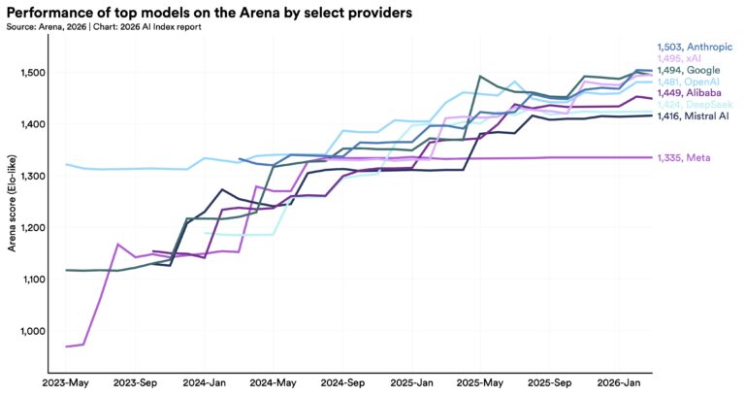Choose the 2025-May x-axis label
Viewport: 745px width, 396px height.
482,382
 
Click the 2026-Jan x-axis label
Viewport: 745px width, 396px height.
621,382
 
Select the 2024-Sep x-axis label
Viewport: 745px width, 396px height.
342,382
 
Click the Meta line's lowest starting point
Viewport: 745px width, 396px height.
66,346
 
